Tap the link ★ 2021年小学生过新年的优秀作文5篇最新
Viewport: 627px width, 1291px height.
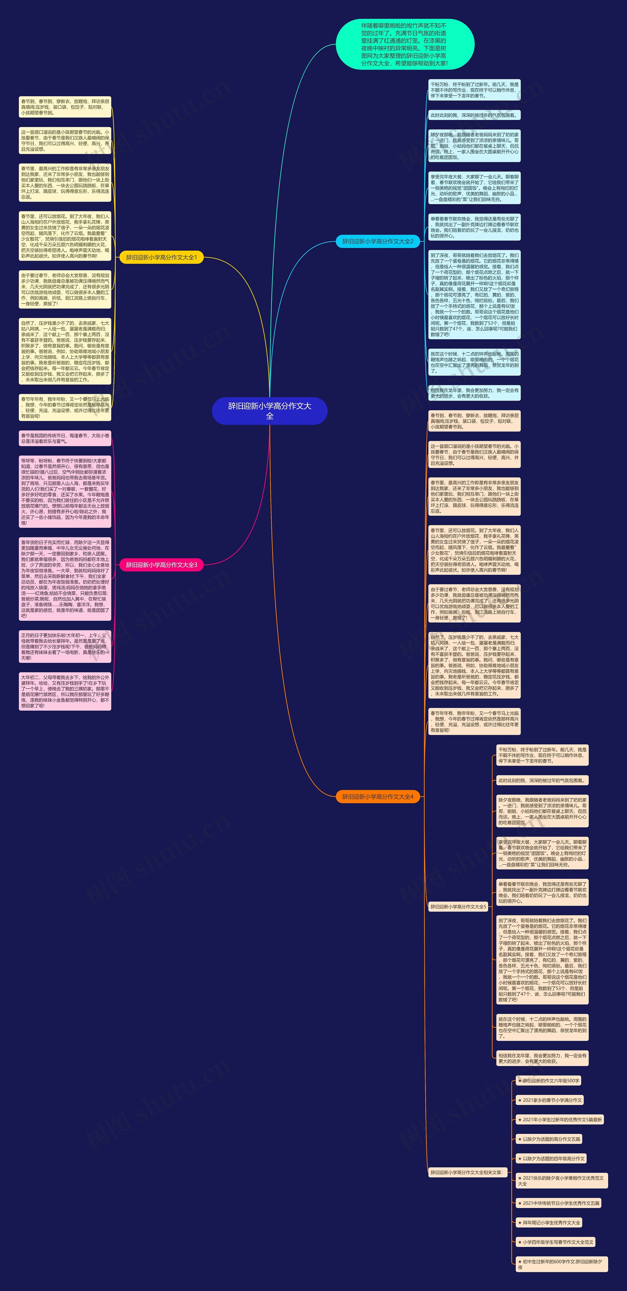(560, 1120)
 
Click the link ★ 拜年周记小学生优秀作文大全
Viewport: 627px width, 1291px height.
(549, 1223)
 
